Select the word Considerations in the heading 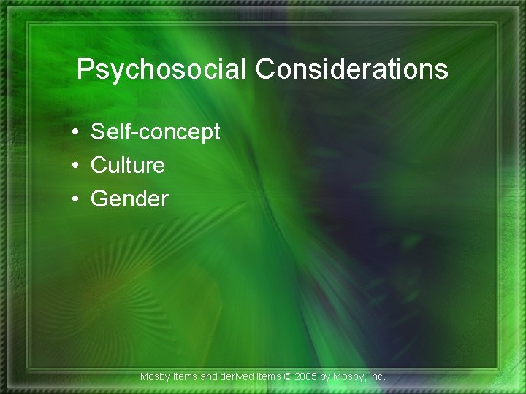pos(352,69)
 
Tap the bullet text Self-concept pos(155,132)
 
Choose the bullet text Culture pos(128,166)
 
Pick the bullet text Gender pos(129,198)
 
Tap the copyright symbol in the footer pos(289,376)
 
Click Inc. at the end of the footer pos(376,376)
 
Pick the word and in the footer pos(209,376)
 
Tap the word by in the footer pos(327,376)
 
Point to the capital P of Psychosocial pos(84,69)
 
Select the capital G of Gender pos(99,198)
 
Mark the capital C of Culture pos(99,166)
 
